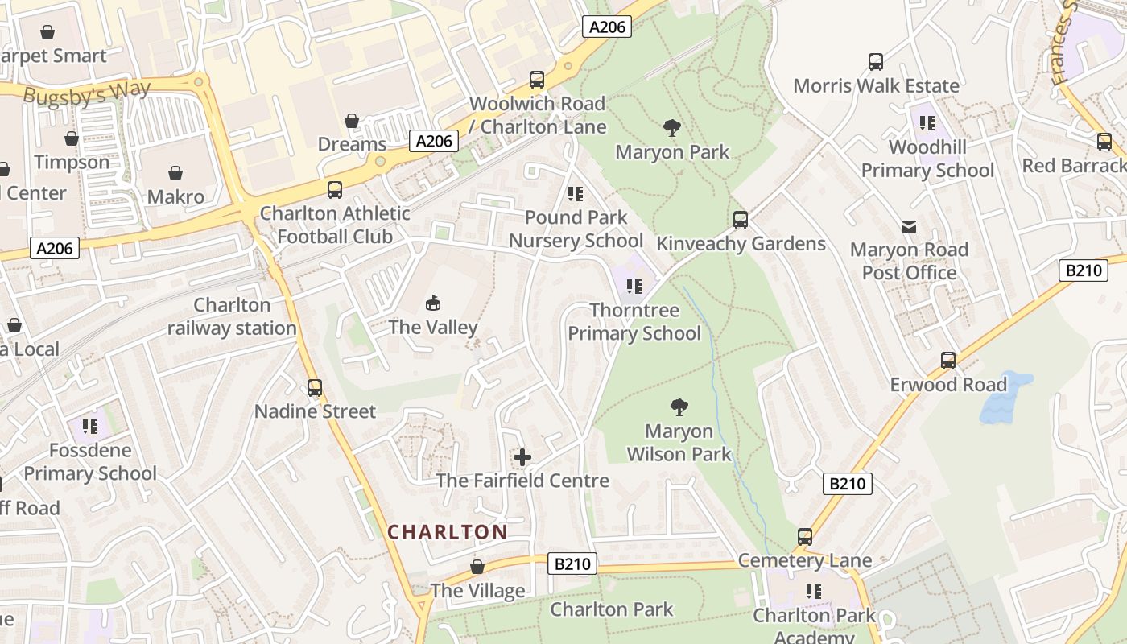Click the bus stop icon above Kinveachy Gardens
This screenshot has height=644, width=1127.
741,219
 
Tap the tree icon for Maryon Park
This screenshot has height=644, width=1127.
671,128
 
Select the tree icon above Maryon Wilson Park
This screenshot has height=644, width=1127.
679,407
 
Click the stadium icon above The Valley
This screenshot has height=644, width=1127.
433,303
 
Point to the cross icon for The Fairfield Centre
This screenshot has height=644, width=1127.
522,457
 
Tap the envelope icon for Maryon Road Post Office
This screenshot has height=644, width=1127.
909,226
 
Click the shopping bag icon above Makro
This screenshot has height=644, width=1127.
175,173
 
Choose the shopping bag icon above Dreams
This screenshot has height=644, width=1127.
352,121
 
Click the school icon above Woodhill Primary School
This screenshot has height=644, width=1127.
927,123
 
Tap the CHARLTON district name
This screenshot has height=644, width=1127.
448,532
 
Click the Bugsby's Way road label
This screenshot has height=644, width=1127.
86,93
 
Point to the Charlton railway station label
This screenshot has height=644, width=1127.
232,316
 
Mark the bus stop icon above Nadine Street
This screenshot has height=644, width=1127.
315,387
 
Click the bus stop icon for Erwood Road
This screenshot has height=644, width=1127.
948,361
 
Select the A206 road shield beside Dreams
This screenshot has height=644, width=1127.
434,141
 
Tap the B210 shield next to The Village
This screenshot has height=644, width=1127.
573,563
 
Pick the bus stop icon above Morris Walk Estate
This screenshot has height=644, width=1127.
876,62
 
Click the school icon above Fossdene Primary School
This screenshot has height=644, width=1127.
90,426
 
